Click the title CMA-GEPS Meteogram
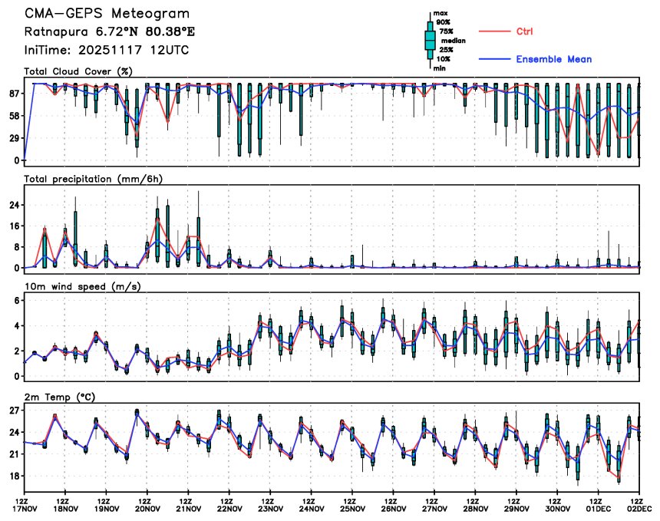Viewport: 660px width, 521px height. pos(107,15)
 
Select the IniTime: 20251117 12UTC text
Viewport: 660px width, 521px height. pos(107,50)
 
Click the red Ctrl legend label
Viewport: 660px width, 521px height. pos(524,31)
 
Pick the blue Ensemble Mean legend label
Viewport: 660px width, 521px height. pos(553,59)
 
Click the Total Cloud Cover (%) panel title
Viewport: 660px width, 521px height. pos(78,71)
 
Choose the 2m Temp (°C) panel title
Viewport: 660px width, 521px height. pos(61,396)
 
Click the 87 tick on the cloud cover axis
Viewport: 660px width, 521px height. pos(13,94)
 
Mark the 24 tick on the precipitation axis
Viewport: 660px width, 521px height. pos(13,205)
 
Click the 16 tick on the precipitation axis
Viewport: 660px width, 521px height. pos(13,226)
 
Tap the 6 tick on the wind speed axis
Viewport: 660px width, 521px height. pos(16,301)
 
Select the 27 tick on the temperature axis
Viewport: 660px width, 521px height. pos(13,411)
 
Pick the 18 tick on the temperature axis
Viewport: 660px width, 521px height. pos(13,476)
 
